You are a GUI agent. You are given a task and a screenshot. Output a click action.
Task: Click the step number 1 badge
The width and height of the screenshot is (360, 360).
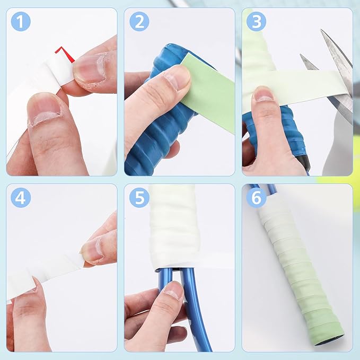point(21,22)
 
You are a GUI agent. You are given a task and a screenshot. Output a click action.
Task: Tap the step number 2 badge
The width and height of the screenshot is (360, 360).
point(139,22)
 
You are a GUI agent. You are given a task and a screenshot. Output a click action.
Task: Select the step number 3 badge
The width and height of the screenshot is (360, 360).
point(257,22)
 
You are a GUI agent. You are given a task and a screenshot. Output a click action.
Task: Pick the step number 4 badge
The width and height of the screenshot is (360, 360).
point(21,198)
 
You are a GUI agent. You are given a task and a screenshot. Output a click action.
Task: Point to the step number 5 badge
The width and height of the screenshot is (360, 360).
point(139,198)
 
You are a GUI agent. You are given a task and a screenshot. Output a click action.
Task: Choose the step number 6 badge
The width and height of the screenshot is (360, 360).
point(257,198)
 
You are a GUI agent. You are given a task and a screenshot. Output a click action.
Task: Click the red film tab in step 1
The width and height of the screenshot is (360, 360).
point(66,54)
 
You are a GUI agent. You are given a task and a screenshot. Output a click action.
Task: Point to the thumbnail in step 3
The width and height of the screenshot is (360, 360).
point(264,94)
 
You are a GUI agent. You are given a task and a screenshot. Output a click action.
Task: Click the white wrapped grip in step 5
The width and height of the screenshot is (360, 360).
point(173,227)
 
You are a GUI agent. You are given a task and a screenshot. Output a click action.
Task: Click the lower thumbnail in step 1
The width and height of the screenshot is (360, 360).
point(43,110)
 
